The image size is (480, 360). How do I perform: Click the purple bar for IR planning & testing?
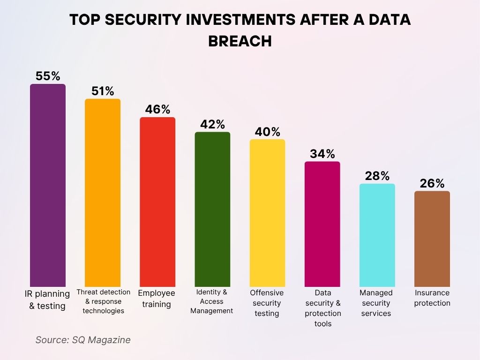point(48,185)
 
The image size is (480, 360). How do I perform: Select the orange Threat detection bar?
point(103,193)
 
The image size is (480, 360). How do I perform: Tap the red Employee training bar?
point(157,202)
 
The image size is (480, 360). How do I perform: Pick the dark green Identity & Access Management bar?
point(212,209)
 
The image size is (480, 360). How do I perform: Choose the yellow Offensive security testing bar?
point(267,213)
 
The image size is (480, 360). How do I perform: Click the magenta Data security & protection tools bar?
point(322,224)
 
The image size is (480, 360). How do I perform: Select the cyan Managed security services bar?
point(377,235)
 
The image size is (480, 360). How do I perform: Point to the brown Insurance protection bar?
point(432,239)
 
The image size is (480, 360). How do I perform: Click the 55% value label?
point(48,76)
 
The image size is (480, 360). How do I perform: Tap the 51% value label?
point(103,91)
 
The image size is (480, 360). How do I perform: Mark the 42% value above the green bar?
point(212,124)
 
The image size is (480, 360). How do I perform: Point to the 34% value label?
point(322,154)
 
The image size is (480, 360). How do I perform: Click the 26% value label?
point(432,183)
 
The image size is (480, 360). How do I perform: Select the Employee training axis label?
point(157,299)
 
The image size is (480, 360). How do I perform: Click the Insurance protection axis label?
point(432,298)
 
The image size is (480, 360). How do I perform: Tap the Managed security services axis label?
point(376,303)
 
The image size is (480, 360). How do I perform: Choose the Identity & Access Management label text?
point(212,301)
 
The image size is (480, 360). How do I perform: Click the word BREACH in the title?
point(240,41)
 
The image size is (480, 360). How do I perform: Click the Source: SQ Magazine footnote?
point(83,340)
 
